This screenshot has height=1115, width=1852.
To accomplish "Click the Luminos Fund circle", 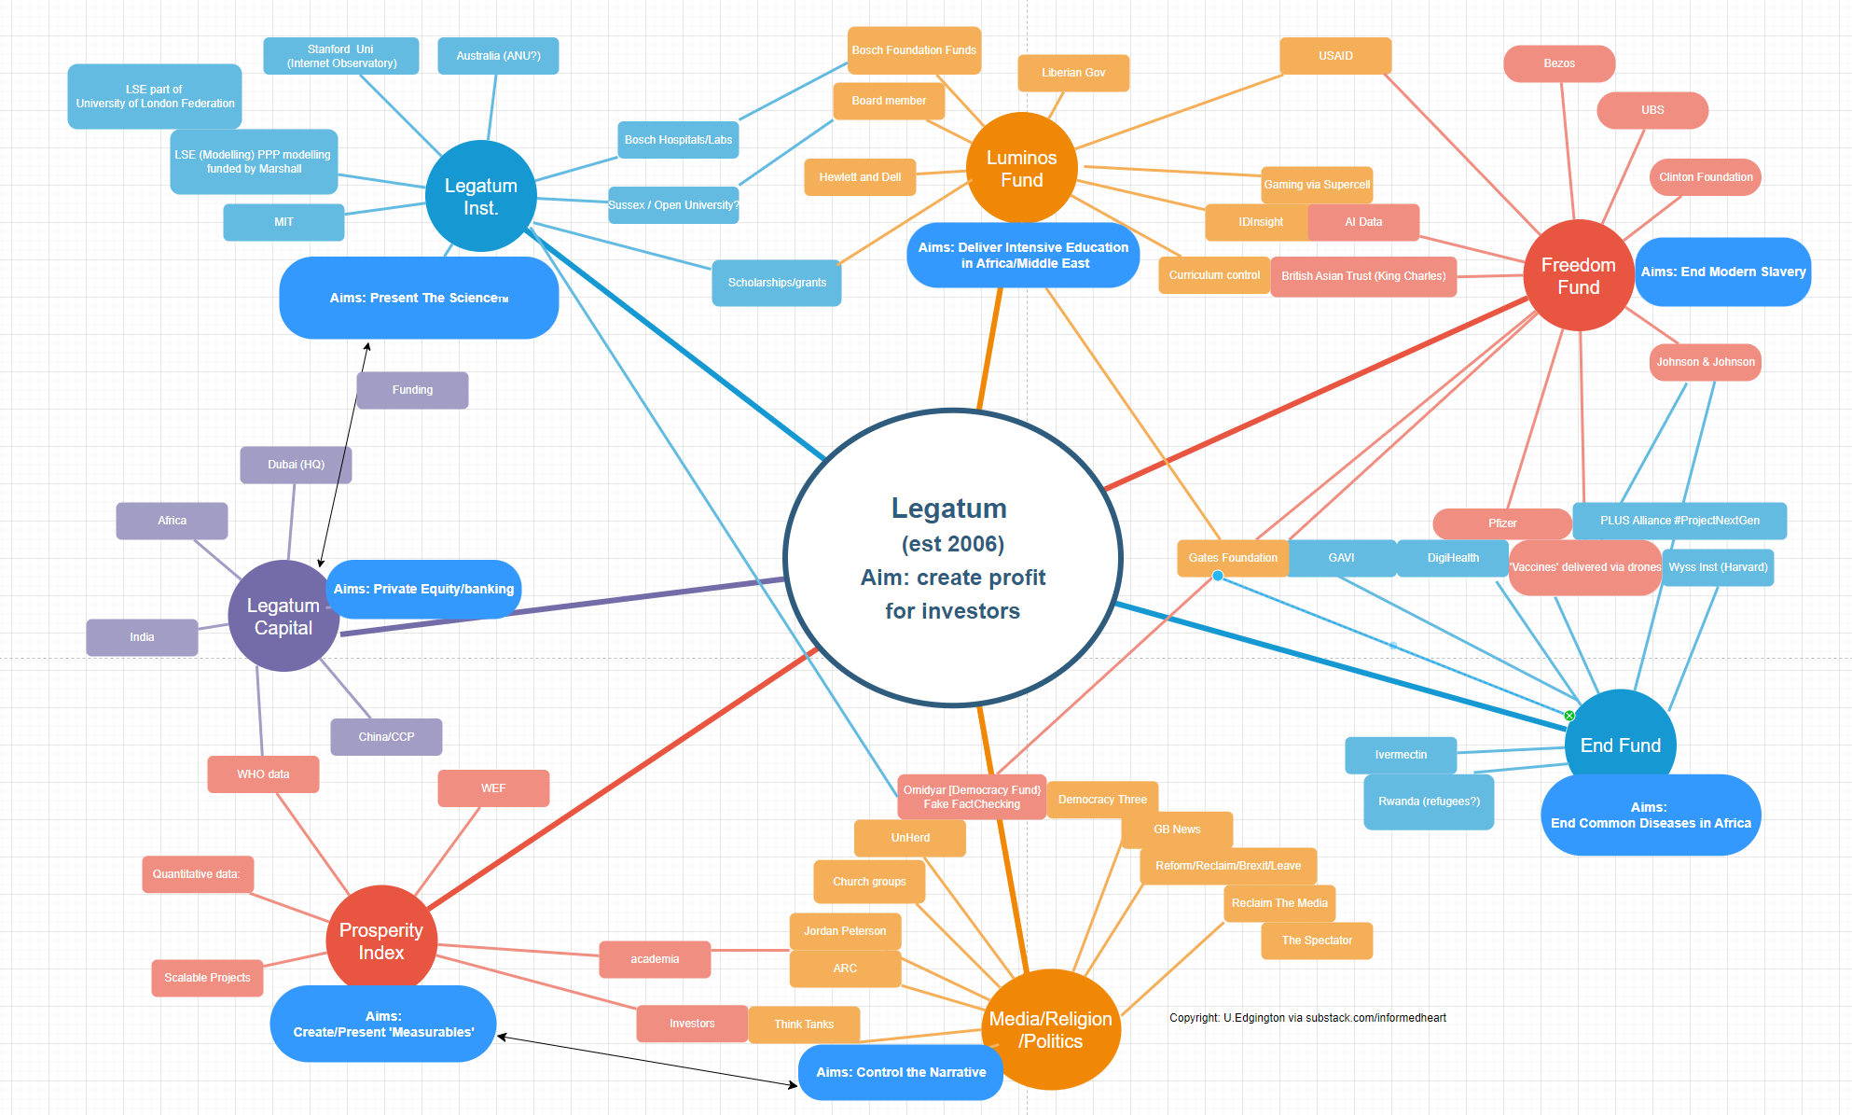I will [x=1021, y=169].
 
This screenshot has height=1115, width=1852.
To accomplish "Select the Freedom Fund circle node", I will [x=1578, y=275].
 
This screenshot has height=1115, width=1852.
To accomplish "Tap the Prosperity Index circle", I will [x=380, y=941].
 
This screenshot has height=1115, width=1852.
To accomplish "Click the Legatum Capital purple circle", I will [x=283, y=616].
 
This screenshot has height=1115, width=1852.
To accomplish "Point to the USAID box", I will [x=1334, y=56].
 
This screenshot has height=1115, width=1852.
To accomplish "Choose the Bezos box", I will [x=1558, y=63].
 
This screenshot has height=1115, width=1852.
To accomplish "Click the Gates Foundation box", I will [x=1232, y=558].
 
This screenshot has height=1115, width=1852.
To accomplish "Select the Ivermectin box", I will [x=1400, y=755].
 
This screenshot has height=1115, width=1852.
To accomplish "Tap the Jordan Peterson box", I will [x=844, y=931].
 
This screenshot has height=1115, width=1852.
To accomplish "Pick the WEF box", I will [x=492, y=788].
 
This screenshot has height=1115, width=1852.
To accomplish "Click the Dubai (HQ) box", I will [x=296, y=465].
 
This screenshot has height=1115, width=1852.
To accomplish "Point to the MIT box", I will [x=283, y=222].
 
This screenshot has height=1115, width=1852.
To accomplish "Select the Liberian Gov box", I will [x=1072, y=73].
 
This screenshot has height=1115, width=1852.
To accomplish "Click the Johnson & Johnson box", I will [x=1705, y=362].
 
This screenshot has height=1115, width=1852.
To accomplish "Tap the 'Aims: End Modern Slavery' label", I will [x=1722, y=272].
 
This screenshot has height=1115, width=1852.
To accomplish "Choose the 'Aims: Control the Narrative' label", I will [x=900, y=1072].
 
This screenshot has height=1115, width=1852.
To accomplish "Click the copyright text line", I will [x=1307, y=1018].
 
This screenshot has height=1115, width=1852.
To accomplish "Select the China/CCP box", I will [x=386, y=737].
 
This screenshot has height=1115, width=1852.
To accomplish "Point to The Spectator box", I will [x=1316, y=941].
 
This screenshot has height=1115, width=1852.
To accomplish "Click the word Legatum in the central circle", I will [x=948, y=509].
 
